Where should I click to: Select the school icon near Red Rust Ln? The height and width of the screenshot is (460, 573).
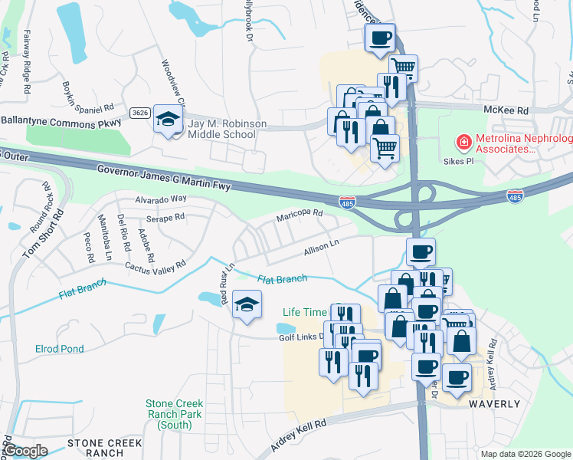pos(247,305)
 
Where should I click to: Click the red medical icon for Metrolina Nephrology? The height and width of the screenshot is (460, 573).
pos(463,143)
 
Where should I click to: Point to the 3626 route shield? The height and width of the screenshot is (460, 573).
pos(139,113)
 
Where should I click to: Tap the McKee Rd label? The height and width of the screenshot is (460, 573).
pos(506,110)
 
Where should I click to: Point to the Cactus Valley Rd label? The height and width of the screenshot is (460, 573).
pos(156,266)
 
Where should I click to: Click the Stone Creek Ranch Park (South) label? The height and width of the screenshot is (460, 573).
pos(175,414)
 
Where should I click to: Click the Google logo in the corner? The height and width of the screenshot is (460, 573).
pos(25,451)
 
